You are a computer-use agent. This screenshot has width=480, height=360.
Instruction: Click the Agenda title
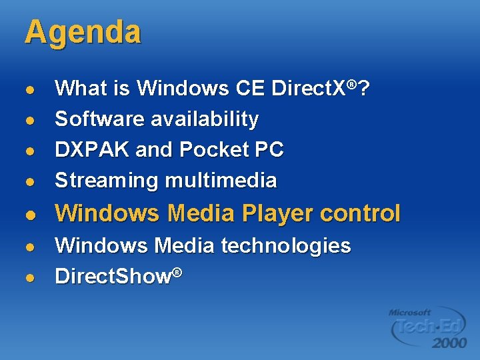click(83, 32)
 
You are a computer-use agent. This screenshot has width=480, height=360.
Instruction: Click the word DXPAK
click(92, 150)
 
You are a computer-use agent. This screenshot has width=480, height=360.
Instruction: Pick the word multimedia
click(220, 181)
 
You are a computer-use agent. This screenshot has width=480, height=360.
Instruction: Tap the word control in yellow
click(360, 214)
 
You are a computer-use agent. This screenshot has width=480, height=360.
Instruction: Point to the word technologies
click(285, 246)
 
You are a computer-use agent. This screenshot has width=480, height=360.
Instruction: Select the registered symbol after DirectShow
click(177, 271)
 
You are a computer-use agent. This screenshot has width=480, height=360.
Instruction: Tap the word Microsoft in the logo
click(410, 312)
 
